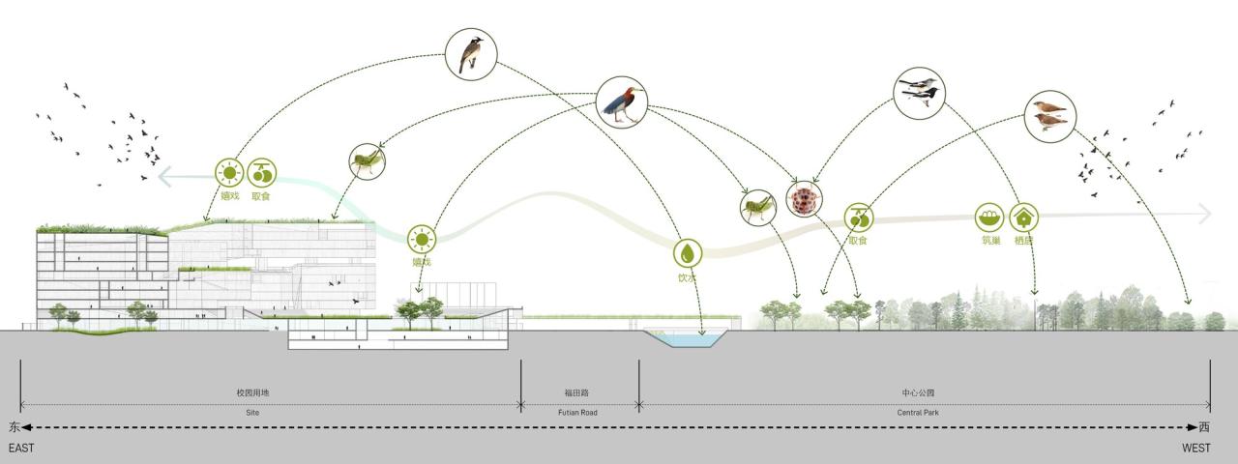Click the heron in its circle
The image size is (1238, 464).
pyautogui.click(x=620, y=102)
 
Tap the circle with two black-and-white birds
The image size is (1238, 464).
pyautogui.click(x=919, y=93)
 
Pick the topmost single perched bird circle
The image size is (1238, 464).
pyautogui.click(x=471, y=52)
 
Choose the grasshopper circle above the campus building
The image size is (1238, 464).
pyautogui.click(x=366, y=161)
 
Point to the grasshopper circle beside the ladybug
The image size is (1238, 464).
pyautogui.click(x=759, y=207)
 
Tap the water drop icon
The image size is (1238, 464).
pyautogui.click(x=688, y=253)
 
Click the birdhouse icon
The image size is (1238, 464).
pyautogui.click(x=1024, y=217)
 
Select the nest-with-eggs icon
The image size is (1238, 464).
pyautogui.click(x=989, y=217)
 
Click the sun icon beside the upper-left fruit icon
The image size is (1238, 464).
pyautogui.click(x=229, y=174)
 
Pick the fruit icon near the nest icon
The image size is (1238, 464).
pyautogui.click(x=859, y=217)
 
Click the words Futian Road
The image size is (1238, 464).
pyautogui.click(x=579, y=413)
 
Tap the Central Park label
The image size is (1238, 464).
pyautogui.click(x=924, y=413)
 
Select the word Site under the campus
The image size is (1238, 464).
pyautogui.click(x=253, y=413)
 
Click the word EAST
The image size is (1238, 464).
pyautogui.click(x=21, y=449)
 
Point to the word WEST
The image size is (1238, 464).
pyautogui.click(x=1196, y=449)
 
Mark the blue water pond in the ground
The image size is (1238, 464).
pyautogui.click(x=686, y=339)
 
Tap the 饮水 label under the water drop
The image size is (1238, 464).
pyautogui.click(x=687, y=277)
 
